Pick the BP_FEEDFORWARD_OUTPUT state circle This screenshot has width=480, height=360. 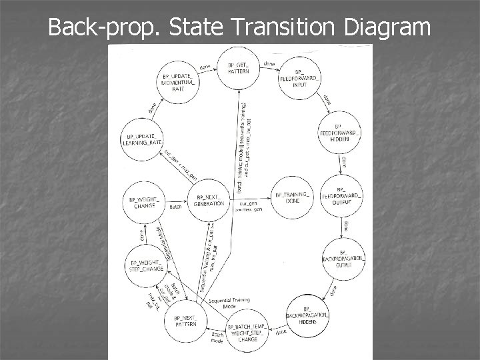pos(341,195)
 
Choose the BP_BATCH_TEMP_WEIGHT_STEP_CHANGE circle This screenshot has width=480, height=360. pos(247,330)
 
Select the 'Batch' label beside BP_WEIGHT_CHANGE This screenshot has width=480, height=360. pos(175,207)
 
